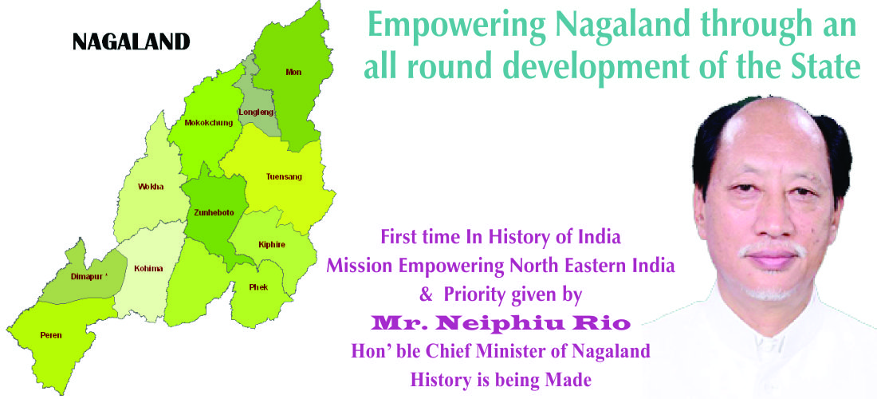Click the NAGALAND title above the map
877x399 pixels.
tap(132, 41)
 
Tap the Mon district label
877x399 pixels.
tap(293, 72)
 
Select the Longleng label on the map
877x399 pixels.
tap(256, 112)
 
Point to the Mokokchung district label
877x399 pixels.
tap(209, 123)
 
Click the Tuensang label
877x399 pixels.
tap(284, 177)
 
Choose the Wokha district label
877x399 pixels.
tap(151, 187)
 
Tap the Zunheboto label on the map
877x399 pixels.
tap(214, 212)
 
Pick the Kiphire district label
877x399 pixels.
tap(272, 244)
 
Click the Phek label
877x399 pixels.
tap(258, 287)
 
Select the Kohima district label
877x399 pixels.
tap(149, 269)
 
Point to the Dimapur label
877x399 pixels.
tap(88, 276)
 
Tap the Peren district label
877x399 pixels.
tap(51, 335)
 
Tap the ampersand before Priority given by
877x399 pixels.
tap(427, 294)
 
